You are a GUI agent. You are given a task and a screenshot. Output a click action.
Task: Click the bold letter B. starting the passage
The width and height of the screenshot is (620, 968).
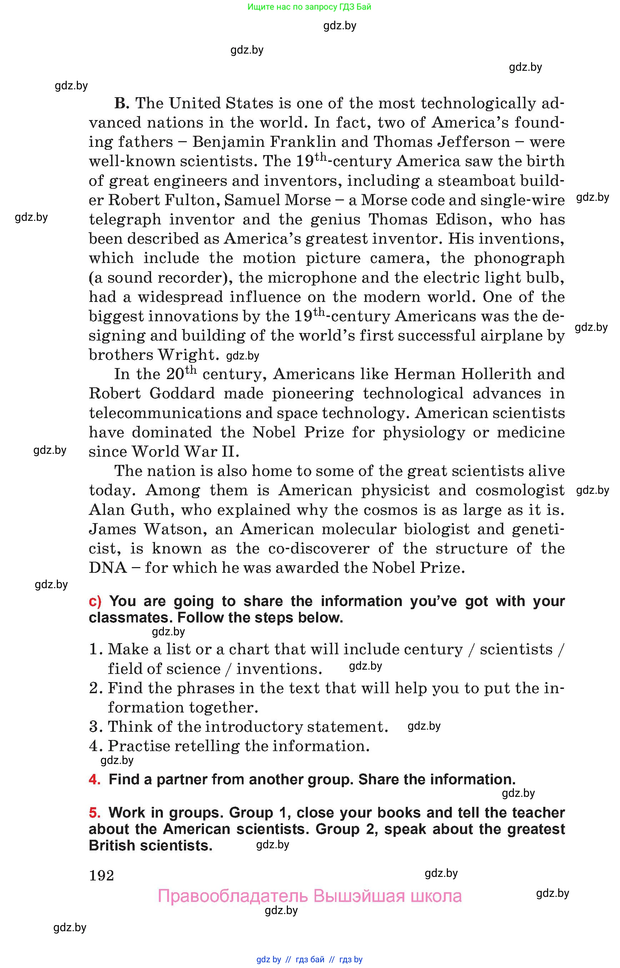121,104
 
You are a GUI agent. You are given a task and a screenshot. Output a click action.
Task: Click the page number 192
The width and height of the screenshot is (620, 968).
101,875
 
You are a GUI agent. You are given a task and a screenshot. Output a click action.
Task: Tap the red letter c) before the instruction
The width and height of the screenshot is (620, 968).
95,601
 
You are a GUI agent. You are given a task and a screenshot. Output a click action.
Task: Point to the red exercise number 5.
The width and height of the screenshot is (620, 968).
95,813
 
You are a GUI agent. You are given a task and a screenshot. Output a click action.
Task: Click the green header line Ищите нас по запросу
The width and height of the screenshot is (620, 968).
309,7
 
